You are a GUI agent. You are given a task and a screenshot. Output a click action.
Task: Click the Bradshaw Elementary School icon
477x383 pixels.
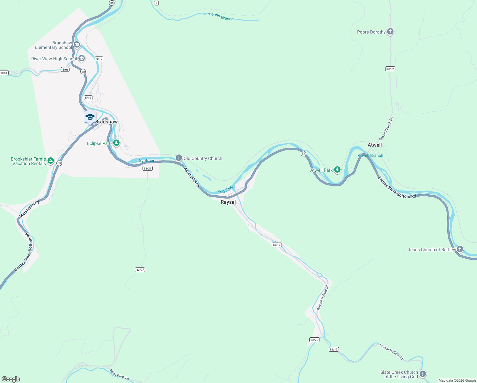click(x=77, y=45)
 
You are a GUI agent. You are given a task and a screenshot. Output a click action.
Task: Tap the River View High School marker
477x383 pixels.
click(x=82, y=58)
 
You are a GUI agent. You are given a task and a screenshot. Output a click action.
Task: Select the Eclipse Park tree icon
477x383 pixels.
click(x=116, y=143)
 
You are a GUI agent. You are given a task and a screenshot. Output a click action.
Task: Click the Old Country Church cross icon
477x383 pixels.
click(x=179, y=158)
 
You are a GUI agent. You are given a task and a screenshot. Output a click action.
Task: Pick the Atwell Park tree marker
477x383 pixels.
click(x=337, y=170)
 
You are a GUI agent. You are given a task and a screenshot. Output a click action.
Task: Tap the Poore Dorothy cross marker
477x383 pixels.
click(x=390, y=32)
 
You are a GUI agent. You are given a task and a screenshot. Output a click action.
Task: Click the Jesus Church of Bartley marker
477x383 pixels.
click(x=459, y=249)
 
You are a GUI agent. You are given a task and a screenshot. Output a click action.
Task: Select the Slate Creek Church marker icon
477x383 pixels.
click(x=423, y=374)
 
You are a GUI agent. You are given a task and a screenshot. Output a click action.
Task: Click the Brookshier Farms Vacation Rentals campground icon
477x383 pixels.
click(x=51, y=161)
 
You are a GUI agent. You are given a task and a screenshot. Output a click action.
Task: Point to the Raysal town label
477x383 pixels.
click(x=228, y=202)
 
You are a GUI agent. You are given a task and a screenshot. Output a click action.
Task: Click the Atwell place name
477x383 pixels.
click(x=375, y=145)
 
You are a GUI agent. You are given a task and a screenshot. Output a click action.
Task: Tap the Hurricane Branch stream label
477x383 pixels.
click(x=218, y=16)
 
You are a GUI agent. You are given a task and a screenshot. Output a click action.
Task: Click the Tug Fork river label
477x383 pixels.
click(x=225, y=190)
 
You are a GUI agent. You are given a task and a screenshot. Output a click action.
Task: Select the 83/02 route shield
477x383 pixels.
click(x=390, y=69)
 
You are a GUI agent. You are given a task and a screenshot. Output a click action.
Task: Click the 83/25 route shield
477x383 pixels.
click(x=314, y=340)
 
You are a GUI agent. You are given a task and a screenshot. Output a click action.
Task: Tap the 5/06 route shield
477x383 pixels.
click(x=65, y=70)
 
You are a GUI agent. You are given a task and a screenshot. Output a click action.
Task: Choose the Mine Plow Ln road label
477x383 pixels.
click(x=119, y=375)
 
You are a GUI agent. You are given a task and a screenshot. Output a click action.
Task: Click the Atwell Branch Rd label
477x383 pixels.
click(x=386, y=129)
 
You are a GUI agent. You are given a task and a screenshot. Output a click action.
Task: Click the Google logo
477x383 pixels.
click(x=11, y=379)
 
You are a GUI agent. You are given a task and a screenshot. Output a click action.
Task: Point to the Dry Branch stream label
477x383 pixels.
click(x=147, y=161)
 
